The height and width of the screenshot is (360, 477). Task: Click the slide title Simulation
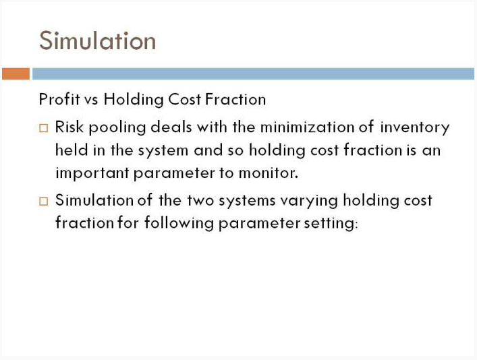(97, 40)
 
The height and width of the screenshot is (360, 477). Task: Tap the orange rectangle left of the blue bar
(16, 74)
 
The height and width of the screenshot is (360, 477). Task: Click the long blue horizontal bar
(253, 74)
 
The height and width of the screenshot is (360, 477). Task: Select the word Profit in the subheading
(59, 99)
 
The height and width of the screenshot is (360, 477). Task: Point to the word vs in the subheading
(91, 100)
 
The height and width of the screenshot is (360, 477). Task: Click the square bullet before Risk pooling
(44, 128)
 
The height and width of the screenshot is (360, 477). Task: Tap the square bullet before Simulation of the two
(44, 202)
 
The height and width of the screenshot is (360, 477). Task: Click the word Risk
(69, 127)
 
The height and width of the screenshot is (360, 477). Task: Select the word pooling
(117, 127)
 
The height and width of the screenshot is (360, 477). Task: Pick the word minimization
(306, 127)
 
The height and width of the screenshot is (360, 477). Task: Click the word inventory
(415, 128)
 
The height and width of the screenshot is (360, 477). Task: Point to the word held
(72, 150)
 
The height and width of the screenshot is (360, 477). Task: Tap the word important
(92, 173)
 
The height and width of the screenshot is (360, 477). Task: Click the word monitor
(269, 173)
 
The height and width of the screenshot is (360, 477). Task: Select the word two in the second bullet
(201, 201)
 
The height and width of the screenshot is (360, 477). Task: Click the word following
(179, 223)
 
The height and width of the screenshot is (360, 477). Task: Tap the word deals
(171, 127)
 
